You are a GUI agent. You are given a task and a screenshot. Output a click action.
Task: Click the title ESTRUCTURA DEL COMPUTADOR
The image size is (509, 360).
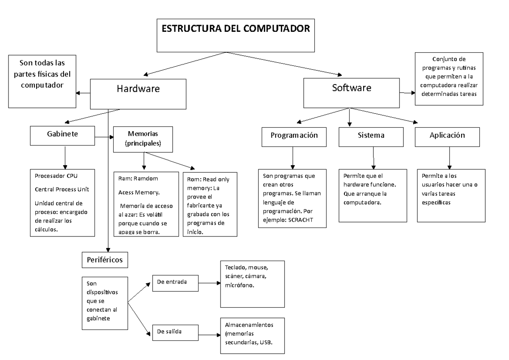tap(237, 29)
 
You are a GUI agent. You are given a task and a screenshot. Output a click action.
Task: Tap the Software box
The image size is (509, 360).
tap(351, 88)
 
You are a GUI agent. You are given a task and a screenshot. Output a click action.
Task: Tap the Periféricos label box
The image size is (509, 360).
tap(104, 260)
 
